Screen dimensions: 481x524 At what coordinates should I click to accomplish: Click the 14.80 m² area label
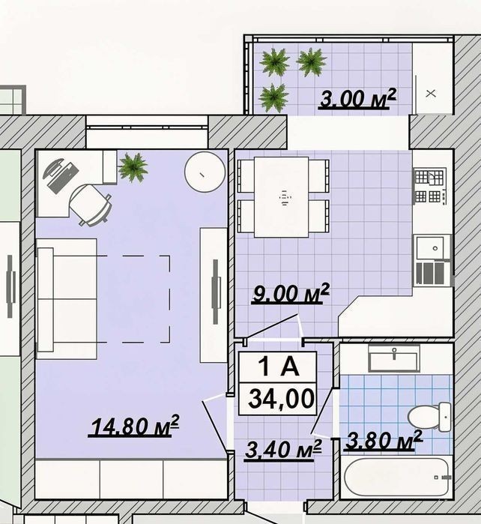(133, 426)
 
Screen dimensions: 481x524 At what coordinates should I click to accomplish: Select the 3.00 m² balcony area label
(358, 98)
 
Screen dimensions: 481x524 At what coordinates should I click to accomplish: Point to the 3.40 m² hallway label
(283, 450)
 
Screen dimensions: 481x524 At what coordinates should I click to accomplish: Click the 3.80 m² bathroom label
(384, 440)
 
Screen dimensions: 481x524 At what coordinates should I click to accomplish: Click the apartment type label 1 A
(278, 367)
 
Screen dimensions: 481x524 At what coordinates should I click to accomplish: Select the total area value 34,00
(281, 399)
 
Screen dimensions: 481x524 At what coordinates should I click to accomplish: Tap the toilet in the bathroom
(430, 417)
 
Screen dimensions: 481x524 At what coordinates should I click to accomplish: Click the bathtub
(396, 477)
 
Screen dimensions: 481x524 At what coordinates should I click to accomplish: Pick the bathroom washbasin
(394, 358)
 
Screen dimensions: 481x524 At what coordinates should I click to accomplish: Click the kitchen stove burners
(429, 186)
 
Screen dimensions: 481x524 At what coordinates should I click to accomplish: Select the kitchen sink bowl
(429, 248)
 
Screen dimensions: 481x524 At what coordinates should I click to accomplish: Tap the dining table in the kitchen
(281, 197)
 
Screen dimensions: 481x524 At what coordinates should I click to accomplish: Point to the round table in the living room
(205, 172)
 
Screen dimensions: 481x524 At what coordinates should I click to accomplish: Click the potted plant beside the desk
(133, 167)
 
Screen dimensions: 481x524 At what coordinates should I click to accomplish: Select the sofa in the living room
(67, 299)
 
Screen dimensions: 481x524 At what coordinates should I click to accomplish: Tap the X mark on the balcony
(431, 94)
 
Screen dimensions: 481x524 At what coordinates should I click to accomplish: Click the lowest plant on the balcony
(274, 97)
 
